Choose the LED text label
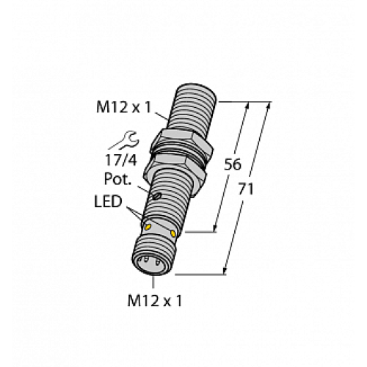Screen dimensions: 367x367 click(109, 201)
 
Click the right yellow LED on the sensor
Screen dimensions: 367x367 click(173, 233)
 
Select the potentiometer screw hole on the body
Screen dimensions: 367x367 click(156, 196)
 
